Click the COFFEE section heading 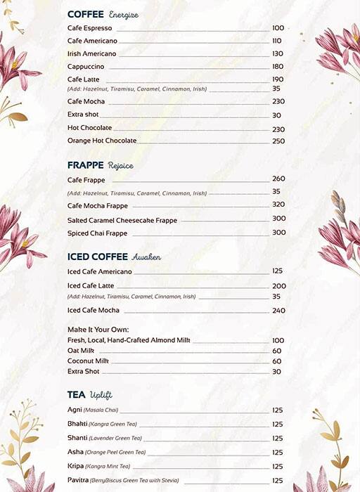pos(86,14)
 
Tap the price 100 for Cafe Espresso pos(278,28)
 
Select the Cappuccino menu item pos(86,67)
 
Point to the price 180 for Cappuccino pos(278,67)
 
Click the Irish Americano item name pos(91,54)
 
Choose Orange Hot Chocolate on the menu pos(102,141)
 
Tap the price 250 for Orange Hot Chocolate pos(278,141)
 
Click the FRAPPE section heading pos(86,165)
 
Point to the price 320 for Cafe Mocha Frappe pos(278,205)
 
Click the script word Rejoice pos(120,166)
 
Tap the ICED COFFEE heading pos(98,257)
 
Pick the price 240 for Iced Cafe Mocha pos(278,311)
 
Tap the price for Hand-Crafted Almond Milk pos(278,340)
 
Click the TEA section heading pos(77,395)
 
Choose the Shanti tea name pos(77,438)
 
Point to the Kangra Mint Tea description pos(108,467)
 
